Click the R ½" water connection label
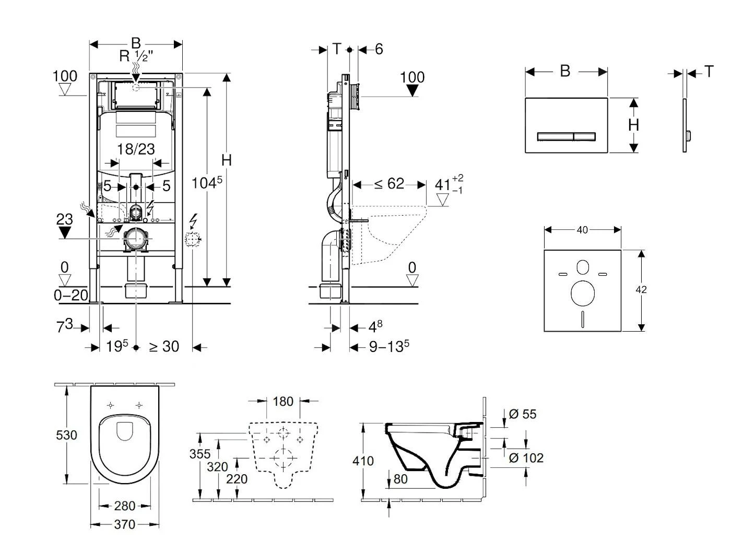coord(136,55)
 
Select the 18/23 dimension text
coord(136,149)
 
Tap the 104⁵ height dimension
coord(207,183)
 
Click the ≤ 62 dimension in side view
coord(389,184)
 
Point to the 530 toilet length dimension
coord(66,435)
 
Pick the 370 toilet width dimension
coord(124,524)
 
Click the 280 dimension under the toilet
coord(124,506)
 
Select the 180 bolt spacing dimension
coord(283,402)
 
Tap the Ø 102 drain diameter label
coord(526,458)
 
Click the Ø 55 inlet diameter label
coord(522,414)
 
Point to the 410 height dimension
coord(363,461)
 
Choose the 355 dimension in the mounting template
coord(200,454)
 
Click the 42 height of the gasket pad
coord(641,289)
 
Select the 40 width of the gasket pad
coord(582,230)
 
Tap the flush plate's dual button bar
coord(566,136)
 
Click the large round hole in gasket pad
coord(583,293)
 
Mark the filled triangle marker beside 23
coord(65,232)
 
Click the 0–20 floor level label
coord(71,296)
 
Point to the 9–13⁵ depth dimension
coord(389,346)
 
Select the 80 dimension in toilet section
coord(400,478)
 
